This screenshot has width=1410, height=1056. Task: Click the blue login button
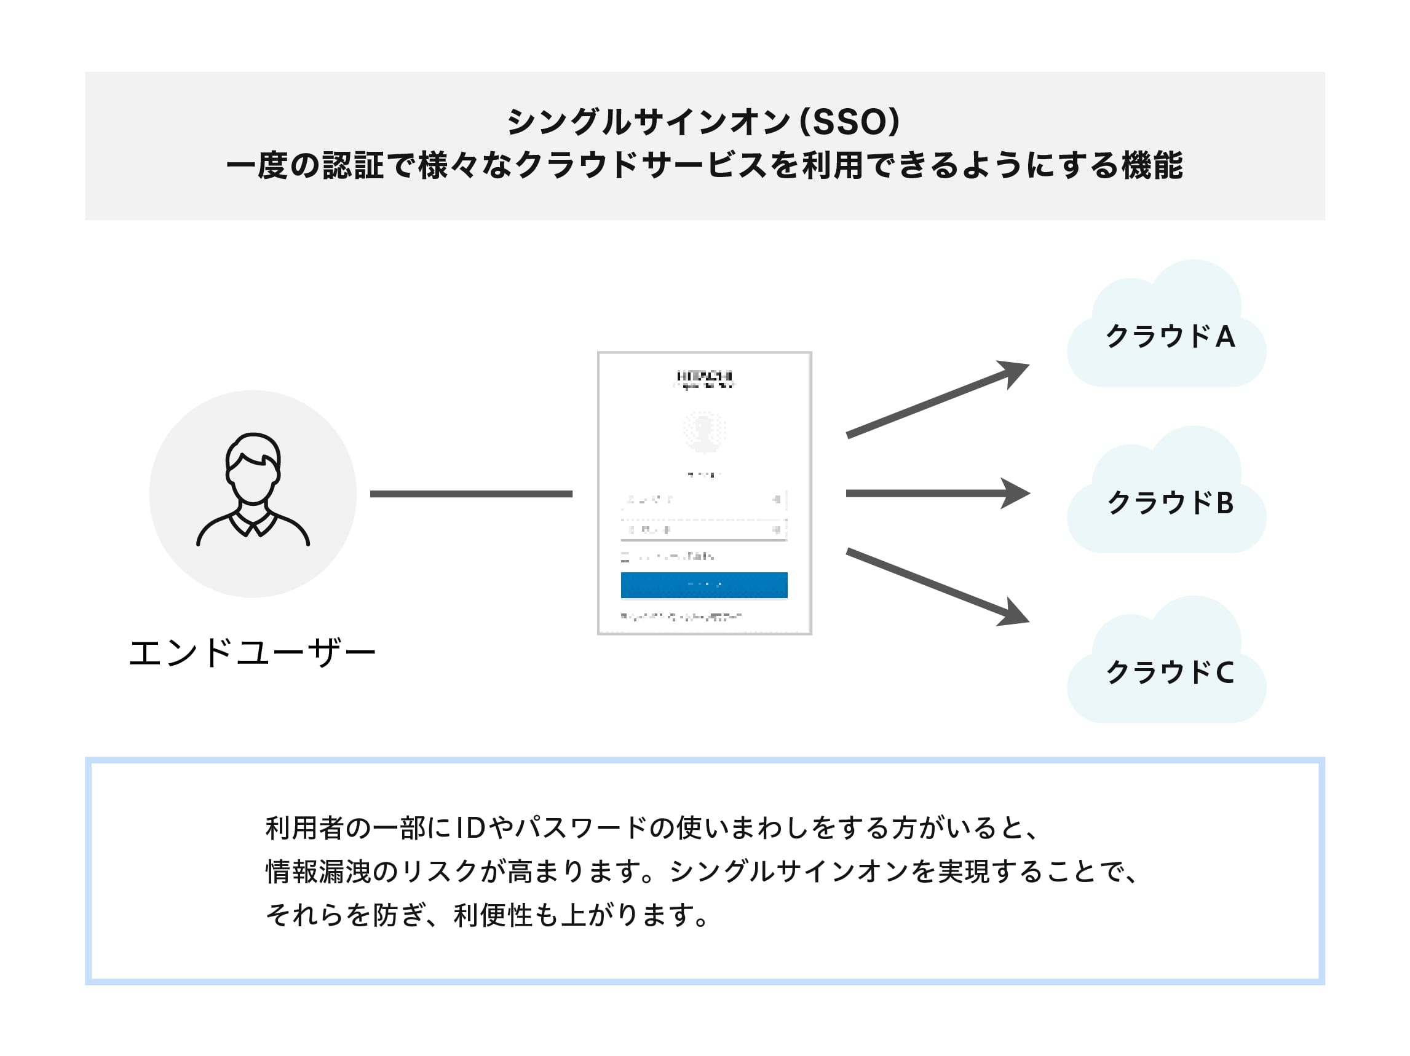coord(703,585)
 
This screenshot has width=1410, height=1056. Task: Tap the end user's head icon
coord(253,469)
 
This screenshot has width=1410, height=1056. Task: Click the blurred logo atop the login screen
coord(704,378)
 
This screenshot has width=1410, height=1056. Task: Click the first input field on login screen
coord(703,500)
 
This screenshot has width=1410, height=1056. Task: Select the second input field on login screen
coord(703,530)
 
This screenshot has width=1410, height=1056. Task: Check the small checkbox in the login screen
coord(625,557)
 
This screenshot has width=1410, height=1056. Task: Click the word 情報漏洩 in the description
coord(318,871)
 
